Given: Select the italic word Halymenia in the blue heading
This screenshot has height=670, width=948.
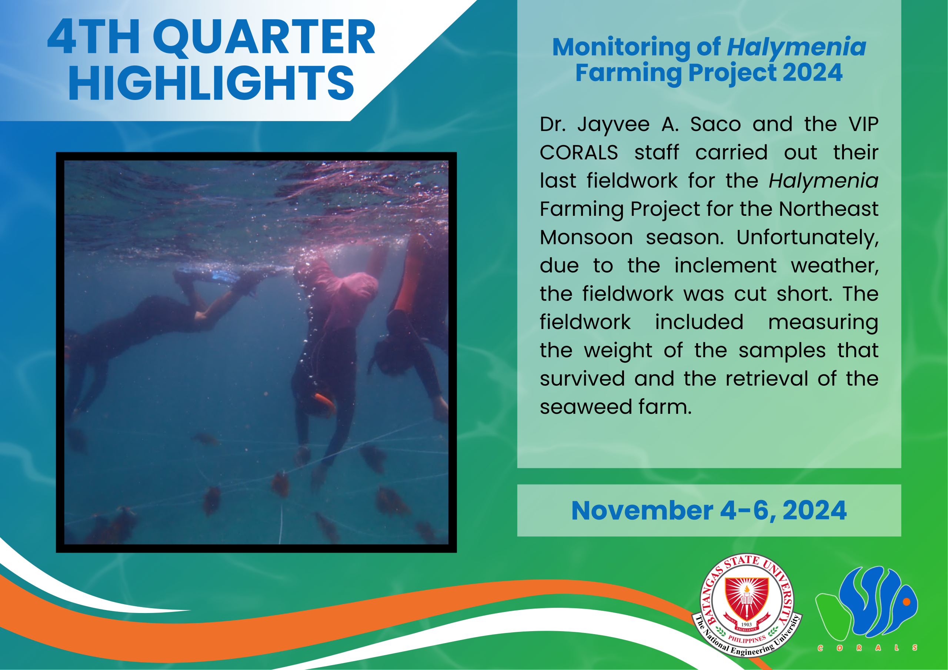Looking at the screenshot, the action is point(797,47).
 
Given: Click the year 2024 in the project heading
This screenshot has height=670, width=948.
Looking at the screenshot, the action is point(812,73).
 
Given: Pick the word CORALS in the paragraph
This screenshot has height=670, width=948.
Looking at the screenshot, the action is point(579,153).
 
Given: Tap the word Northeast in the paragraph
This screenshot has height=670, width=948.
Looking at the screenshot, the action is point(828,209).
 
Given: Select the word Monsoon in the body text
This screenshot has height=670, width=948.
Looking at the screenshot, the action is point(586,237).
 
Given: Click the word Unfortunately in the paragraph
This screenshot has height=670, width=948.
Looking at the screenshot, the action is point(808,238).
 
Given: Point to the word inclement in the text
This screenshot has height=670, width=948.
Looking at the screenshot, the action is point(725,265).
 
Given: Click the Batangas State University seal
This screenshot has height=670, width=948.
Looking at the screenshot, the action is point(747,605).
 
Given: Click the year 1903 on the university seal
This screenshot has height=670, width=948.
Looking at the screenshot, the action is point(747,624).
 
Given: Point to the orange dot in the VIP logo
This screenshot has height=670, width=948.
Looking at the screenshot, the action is point(907,602).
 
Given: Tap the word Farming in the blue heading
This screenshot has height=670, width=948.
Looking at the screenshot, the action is point(628,73).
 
